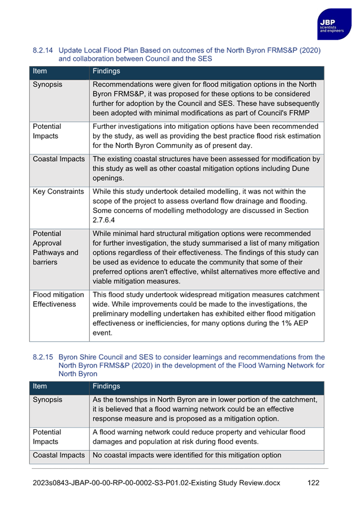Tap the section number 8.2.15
click(43, 358)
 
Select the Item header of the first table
click(40, 72)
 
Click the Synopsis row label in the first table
click(47, 85)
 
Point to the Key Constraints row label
click(58, 192)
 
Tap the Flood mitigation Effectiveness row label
click(58, 299)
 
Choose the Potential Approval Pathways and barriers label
click(55, 248)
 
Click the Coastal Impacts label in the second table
click(59, 455)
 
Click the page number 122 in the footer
click(313, 483)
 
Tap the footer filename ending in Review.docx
click(156, 483)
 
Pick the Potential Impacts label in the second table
click(47, 437)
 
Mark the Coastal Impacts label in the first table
click(59, 159)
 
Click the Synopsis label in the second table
click(47, 400)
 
